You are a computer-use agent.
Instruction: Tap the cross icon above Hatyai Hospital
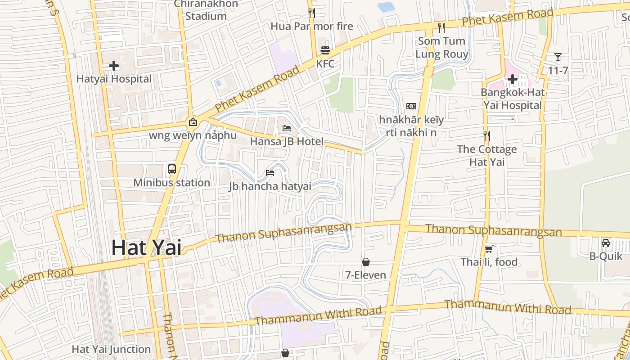[114, 66]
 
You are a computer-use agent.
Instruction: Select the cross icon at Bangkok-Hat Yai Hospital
[512, 80]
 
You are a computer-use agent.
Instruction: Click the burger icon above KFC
[325, 50]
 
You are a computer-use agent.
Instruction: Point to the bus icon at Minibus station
[172, 169]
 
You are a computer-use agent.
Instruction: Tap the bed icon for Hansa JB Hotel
[287, 128]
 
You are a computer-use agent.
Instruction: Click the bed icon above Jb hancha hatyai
[270, 173]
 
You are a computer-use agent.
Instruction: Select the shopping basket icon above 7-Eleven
[366, 261]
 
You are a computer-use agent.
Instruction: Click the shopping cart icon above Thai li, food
[489, 249]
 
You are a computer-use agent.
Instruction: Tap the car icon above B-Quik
[606, 243]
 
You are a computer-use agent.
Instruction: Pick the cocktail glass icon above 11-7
[558, 57]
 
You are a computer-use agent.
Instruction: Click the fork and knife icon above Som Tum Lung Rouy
[441, 28]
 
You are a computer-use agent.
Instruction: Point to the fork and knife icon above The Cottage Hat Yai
[486, 135]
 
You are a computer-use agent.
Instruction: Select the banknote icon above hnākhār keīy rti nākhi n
[411, 106]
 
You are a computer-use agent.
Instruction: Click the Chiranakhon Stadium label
[206, 10]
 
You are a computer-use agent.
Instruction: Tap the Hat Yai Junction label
[111, 349]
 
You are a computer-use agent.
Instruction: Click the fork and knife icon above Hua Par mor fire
[311, 13]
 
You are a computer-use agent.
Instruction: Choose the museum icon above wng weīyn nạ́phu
[193, 121]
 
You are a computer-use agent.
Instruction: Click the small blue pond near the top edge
[386, 7]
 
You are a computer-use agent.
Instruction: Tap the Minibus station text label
[171, 183]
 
